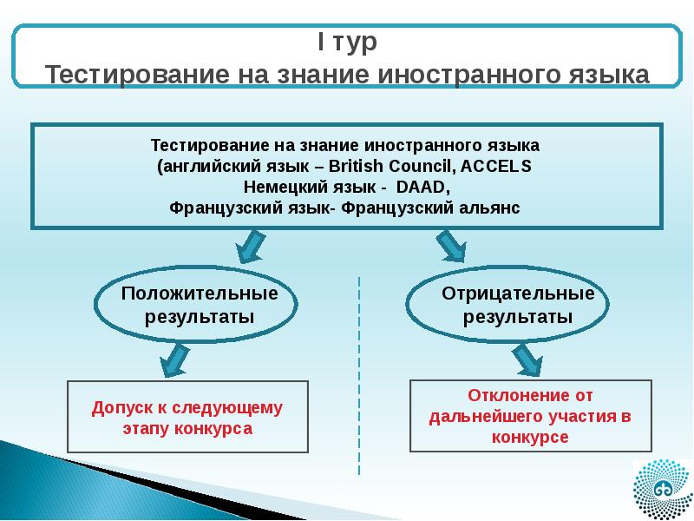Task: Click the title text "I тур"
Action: tap(345, 41)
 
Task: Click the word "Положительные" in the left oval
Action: tap(200, 293)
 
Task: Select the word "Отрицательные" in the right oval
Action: tap(518, 293)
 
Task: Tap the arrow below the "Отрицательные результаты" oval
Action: tap(524, 358)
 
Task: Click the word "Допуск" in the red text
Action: tap(118, 407)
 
